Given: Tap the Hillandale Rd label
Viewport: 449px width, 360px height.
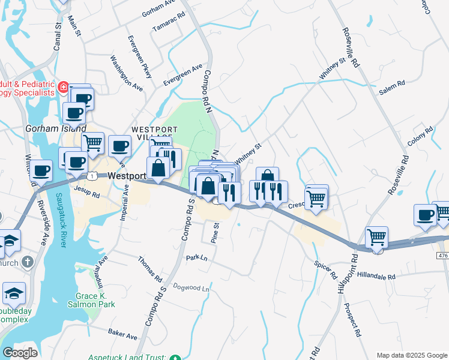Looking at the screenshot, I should click(x=375, y=277).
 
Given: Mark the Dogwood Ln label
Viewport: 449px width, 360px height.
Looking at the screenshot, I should click(x=191, y=289).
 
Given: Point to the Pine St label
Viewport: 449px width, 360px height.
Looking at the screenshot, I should click(x=214, y=233).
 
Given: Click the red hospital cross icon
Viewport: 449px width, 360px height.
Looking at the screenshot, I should click(x=64, y=89).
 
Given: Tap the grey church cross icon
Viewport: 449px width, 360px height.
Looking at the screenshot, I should click(x=28, y=262).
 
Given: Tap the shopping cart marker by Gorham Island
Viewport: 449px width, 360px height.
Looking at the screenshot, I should click(x=92, y=143).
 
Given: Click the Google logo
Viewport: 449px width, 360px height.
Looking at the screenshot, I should click(x=20, y=353).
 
